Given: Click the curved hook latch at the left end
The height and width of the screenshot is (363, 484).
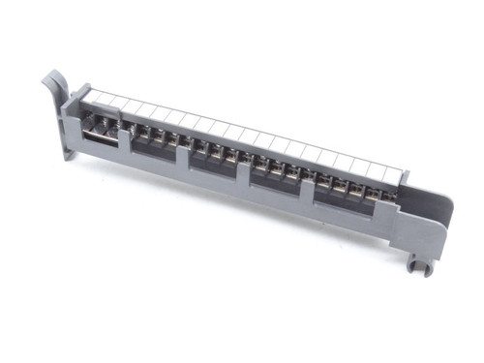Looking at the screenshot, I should pos(50,85).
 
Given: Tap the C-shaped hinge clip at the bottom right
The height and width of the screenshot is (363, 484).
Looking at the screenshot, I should pos(418,262).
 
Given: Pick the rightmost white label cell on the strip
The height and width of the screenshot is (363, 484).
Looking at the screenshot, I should pos(390,176).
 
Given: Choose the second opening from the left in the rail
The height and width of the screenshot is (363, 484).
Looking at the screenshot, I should pos(155,146).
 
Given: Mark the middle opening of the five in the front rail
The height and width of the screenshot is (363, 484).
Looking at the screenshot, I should pos(213,163).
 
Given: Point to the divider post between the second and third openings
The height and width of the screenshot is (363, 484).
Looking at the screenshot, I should pos(185,158).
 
